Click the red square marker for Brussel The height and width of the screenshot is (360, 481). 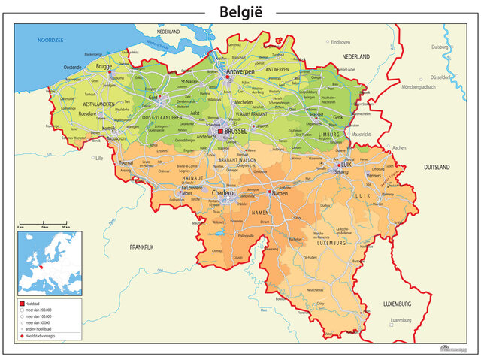tap(220, 131)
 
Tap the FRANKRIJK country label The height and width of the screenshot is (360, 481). tap(141, 247)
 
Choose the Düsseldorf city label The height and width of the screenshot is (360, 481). tap(439, 77)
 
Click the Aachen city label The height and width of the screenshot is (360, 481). tap(398, 148)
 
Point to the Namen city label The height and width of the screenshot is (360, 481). tap(279, 194)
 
